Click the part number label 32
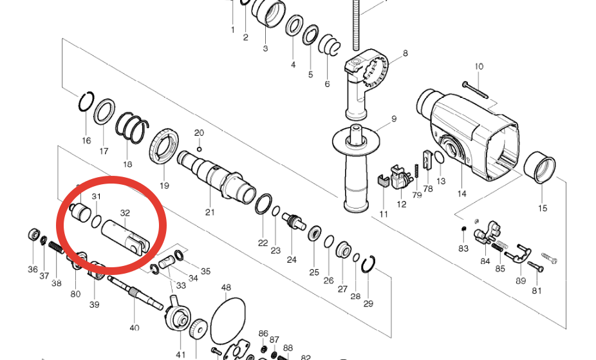(125, 213)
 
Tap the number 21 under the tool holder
(210, 212)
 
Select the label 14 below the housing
(461, 194)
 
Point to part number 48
(226, 287)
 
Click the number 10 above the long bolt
(479, 66)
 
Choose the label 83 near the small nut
(463, 249)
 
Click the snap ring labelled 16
(86, 102)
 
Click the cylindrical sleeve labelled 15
(539, 167)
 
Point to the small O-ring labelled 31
(97, 222)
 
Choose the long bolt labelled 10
(475, 90)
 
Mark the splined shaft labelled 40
(135, 293)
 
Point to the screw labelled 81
(535, 267)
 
